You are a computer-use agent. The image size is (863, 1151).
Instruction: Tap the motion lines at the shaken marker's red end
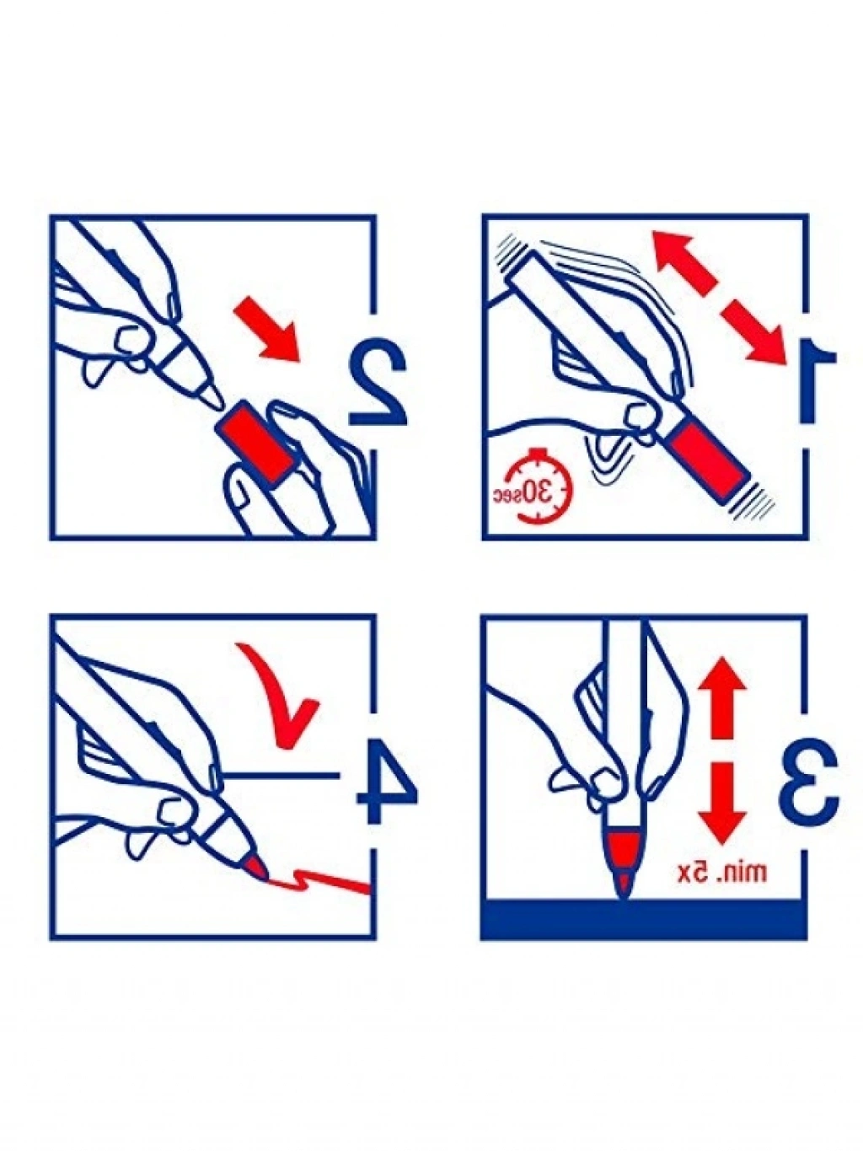754,500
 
